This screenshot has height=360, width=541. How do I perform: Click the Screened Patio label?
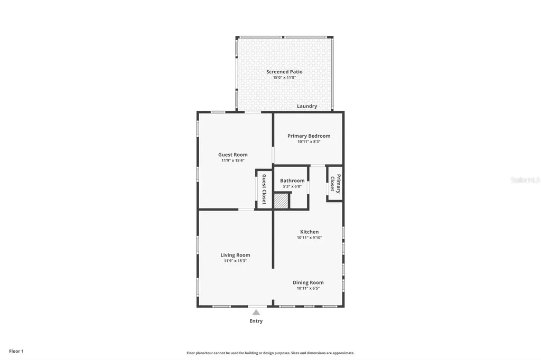(x=284, y=72)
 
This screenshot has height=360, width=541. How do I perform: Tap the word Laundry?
(x=307, y=106)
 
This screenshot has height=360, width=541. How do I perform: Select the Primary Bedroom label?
(x=309, y=136)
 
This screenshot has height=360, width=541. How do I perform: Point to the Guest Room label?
(x=232, y=155)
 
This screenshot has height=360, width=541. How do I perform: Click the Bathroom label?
(x=292, y=181)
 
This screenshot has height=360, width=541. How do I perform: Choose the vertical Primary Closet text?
(x=335, y=184)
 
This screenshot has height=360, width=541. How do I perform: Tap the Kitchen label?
(x=309, y=232)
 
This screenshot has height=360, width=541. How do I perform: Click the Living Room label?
(x=235, y=255)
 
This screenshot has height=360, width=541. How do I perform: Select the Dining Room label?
(x=308, y=282)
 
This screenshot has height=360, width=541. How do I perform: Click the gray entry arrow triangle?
(x=256, y=312)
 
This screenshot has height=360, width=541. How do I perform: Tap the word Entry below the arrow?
(x=256, y=321)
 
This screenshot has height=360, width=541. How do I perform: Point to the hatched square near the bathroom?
(x=281, y=201)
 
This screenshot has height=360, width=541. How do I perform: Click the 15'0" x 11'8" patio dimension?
(x=284, y=78)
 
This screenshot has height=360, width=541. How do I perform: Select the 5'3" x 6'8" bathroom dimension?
(x=292, y=186)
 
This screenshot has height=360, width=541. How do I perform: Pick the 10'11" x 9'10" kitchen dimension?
(x=309, y=238)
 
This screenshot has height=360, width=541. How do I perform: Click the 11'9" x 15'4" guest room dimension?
(x=232, y=160)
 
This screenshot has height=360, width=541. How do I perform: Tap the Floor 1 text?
(x=16, y=351)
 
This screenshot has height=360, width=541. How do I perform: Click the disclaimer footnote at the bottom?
(x=270, y=353)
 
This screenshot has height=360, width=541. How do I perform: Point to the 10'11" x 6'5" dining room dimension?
(x=308, y=288)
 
